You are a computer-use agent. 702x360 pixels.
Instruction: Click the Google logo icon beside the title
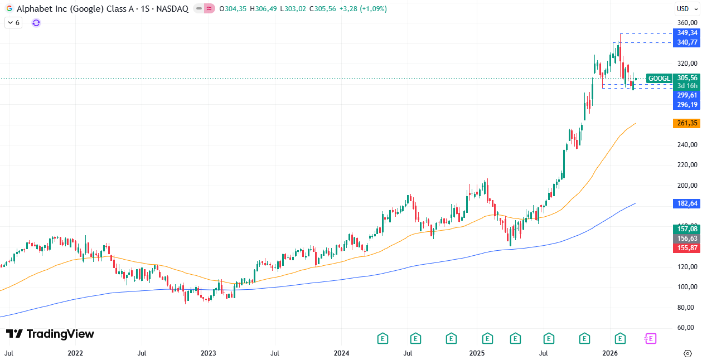pyautogui.click(x=9, y=9)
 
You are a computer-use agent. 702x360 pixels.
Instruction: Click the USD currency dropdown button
pyautogui.click(x=683, y=8)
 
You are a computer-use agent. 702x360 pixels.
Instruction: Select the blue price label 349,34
pyautogui.click(x=687, y=33)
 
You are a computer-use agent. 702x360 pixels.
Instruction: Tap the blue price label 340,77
pyautogui.click(x=687, y=42)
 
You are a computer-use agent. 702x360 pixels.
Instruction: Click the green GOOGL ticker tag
pyautogui.click(x=660, y=79)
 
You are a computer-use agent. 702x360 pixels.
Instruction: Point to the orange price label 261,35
pyautogui.click(x=687, y=123)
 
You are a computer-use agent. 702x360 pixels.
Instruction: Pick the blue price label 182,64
pyautogui.click(x=687, y=204)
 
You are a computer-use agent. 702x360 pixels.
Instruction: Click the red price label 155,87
pyautogui.click(x=687, y=248)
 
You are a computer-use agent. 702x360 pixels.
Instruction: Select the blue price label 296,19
pyautogui.click(x=687, y=105)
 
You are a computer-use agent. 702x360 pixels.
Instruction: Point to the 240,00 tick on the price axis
pyautogui.click(x=687, y=145)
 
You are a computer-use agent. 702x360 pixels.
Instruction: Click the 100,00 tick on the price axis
pyautogui.click(x=687, y=287)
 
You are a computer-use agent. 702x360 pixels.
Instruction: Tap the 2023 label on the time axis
pyautogui.click(x=208, y=353)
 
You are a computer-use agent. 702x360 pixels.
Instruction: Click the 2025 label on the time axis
pyautogui.click(x=476, y=353)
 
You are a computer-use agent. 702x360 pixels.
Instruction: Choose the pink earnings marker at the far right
pyautogui.click(x=650, y=338)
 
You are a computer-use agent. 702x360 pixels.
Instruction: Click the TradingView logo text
pyautogui.click(x=50, y=334)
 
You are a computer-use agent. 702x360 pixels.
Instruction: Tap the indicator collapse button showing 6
pyautogui.click(x=13, y=23)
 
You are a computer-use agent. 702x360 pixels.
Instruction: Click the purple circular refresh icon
pyautogui.click(x=36, y=23)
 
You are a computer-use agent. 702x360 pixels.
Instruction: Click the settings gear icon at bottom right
pyautogui.click(x=688, y=353)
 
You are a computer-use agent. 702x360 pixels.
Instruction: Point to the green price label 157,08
pyautogui.click(x=687, y=229)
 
